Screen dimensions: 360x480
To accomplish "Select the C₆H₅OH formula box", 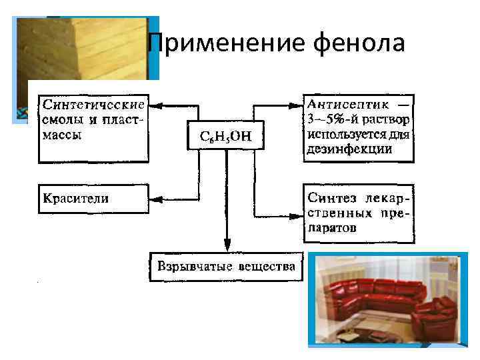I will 227,137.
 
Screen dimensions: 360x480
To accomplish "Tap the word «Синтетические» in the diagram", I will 94,106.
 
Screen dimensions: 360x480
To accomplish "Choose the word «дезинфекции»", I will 349,149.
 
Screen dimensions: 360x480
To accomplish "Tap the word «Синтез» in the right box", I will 331,198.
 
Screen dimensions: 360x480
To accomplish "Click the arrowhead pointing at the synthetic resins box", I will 158,105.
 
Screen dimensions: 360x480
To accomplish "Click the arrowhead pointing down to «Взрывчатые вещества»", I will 227,247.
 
